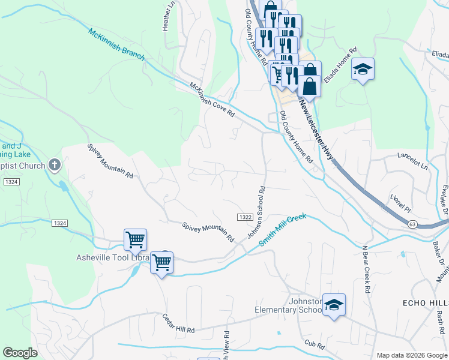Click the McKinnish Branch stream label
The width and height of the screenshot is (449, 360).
[x=116, y=44]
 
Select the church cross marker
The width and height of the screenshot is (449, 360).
[x=55, y=165]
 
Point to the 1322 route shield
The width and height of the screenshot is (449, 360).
[x=244, y=217]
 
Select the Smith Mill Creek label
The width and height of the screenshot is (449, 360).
[x=283, y=229]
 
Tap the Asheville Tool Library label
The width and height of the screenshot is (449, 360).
[x=112, y=258]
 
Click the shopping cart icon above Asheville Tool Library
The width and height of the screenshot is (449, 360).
[x=135, y=239]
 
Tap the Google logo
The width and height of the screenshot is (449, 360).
[x=20, y=353]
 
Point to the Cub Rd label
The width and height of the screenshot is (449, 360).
[x=314, y=345]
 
